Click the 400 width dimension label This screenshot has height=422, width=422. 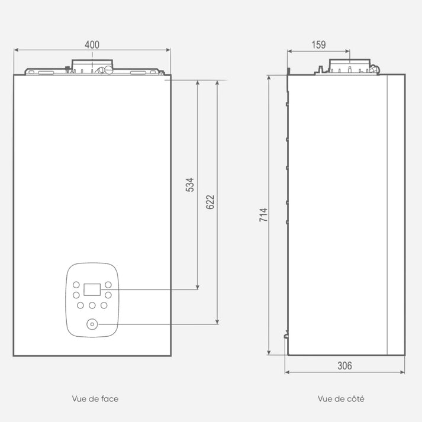[x=92, y=44]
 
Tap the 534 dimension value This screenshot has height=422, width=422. [x=190, y=185]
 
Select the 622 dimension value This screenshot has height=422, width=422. [x=210, y=202]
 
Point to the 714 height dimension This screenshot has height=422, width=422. [x=263, y=215]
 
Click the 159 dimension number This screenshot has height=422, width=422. [x=318, y=44]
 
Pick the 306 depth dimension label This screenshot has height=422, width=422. [x=344, y=366]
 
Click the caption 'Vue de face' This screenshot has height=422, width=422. [x=95, y=398]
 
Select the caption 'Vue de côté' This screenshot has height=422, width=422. [x=341, y=398]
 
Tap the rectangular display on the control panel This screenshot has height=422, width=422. [x=92, y=289]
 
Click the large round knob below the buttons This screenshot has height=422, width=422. [x=92, y=324]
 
